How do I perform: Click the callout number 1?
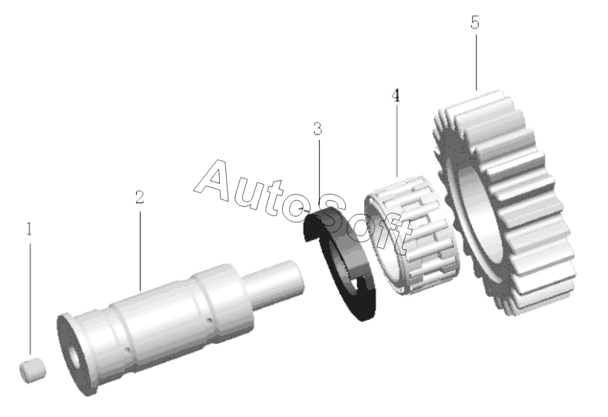click(29, 229)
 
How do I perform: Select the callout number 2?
click(140, 197)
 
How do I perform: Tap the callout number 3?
click(318, 128)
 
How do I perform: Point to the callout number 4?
click(396, 95)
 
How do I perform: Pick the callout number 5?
click(475, 22)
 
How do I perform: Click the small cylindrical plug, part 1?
click(32, 370)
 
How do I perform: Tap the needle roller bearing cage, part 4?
click(412, 237)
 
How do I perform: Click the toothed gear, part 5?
click(504, 202)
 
